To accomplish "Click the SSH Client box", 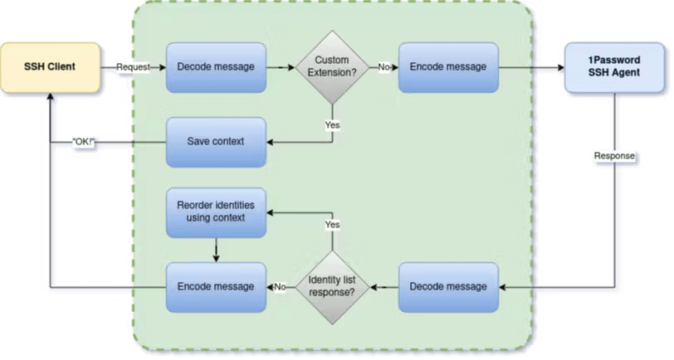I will (51, 66).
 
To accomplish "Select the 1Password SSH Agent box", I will (613, 67).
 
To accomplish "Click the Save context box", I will (216, 141).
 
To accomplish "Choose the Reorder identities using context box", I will (216, 212).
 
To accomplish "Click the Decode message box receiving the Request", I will (216, 67).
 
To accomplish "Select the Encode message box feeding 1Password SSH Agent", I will (448, 67).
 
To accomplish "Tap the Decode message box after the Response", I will (448, 286).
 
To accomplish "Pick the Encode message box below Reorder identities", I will (216, 286).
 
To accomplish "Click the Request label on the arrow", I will (133, 67).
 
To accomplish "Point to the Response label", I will (614, 155).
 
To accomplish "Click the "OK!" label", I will (82, 142).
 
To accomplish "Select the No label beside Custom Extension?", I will (384, 67).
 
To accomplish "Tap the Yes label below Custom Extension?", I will (332, 124).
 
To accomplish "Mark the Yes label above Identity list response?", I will (332, 225).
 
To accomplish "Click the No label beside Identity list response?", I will (281, 286).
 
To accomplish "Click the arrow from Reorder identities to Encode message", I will (216, 249).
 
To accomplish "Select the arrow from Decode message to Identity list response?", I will (384, 286).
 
